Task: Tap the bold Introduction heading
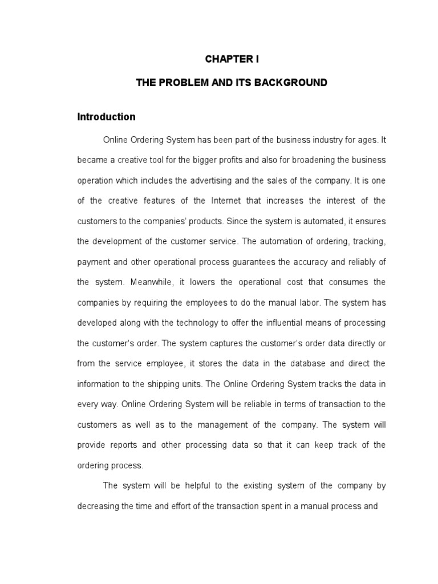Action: (x=107, y=117)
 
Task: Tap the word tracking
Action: (x=370, y=241)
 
